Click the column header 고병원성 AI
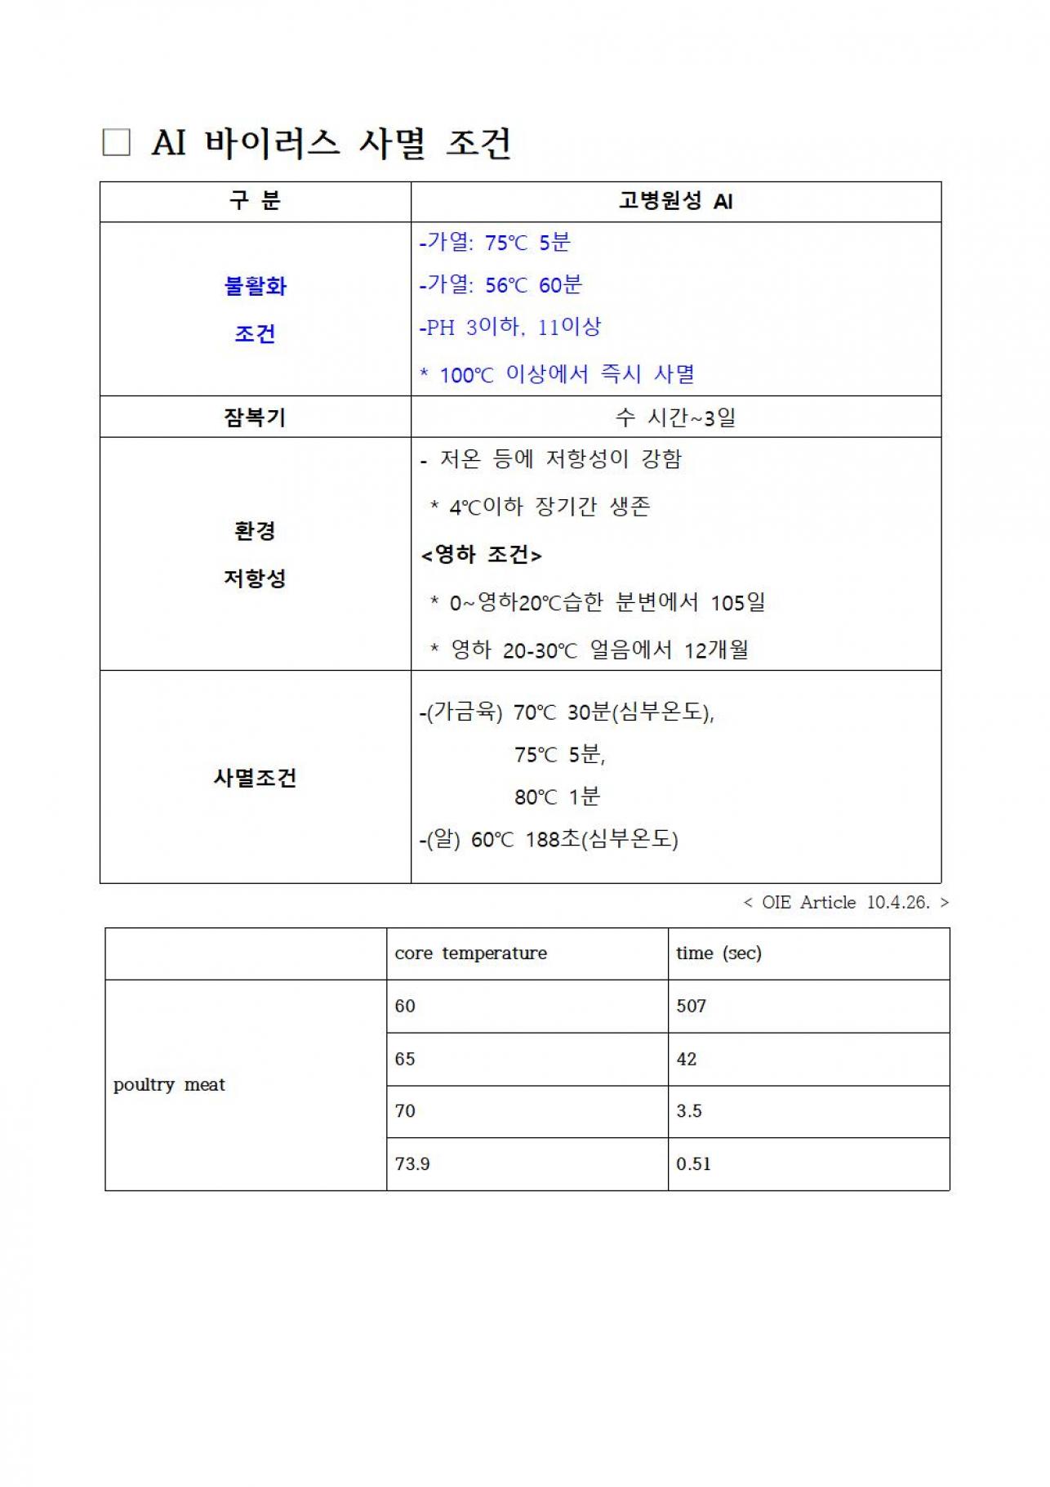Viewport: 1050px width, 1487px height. coord(675,201)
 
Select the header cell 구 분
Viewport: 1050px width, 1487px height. coord(255,201)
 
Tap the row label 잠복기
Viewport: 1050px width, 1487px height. coord(255,418)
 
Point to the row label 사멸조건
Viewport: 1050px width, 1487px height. coord(255,777)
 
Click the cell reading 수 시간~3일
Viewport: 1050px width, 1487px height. coord(675,418)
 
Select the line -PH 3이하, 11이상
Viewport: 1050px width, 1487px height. coord(510,328)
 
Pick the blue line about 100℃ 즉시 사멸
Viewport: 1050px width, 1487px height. coord(557,374)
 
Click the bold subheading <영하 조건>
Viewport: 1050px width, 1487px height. coord(481,555)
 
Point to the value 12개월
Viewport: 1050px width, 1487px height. coord(716,650)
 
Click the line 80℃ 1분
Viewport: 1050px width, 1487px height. coord(557,797)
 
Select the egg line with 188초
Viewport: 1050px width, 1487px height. coord(549,839)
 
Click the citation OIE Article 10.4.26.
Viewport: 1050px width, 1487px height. coord(846,902)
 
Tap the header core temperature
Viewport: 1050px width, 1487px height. coord(471,953)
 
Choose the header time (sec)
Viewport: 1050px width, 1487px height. coord(719,953)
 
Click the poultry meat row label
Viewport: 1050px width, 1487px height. coord(169,1085)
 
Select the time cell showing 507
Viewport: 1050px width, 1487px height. coord(691,1006)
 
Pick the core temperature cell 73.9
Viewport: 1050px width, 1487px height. coord(412,1163)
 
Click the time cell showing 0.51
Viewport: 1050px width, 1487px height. coord(693,1163)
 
